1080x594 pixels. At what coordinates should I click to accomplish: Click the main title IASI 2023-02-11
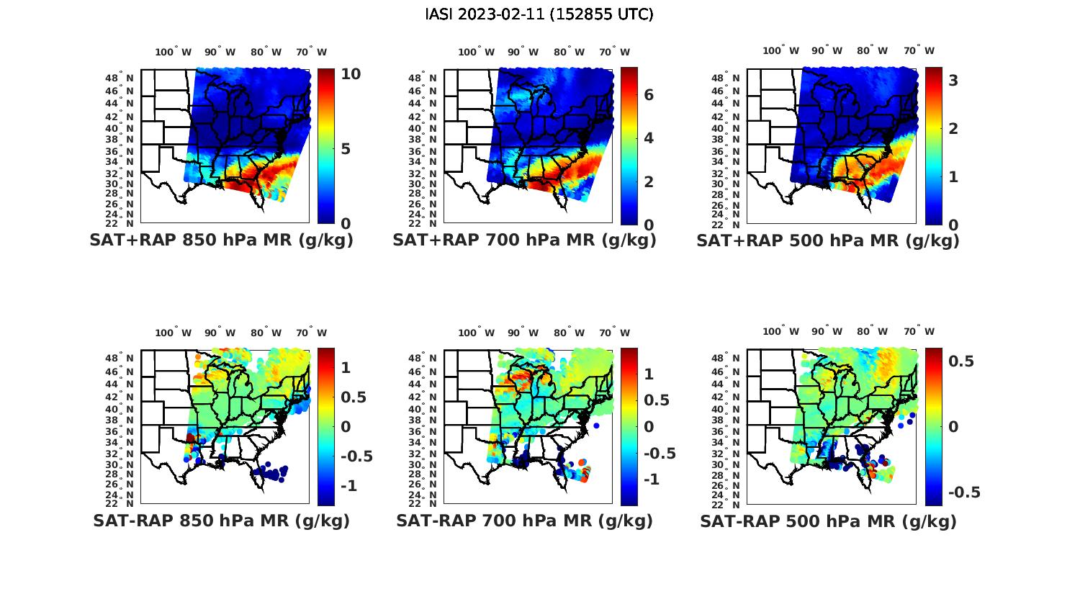539,14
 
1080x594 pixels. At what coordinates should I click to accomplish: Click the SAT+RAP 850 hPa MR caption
221,240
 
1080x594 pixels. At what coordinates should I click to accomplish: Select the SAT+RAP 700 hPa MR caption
524,240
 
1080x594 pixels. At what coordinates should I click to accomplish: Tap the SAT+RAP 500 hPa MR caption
828,240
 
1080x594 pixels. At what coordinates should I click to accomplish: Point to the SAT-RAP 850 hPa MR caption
221,521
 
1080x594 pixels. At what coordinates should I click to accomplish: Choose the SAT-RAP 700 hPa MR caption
524,521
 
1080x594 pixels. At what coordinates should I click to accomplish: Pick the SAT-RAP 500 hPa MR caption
828,521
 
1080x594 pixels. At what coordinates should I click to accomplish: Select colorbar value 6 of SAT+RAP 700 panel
649,95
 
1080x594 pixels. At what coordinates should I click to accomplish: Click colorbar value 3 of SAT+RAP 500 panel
953,81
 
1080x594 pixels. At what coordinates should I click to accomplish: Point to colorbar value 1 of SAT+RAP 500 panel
953,176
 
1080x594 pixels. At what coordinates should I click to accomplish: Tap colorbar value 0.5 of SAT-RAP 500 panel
961,361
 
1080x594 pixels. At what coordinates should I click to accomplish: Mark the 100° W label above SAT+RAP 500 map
781,50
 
